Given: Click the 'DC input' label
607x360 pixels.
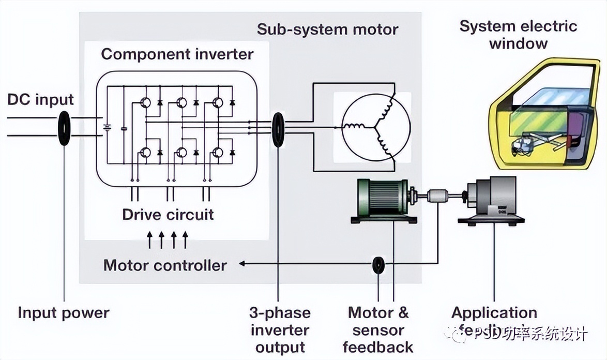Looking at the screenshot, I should [x=41, y=100].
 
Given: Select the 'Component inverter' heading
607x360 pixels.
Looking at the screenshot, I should [x=177, y=54].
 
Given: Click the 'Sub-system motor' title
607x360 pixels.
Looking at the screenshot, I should [x=327, y=29].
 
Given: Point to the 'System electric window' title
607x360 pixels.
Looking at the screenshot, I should [x=518, y=34].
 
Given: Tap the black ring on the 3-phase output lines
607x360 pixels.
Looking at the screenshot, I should [x=278, y=129].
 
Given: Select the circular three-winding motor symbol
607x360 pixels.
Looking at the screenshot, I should [x=376, y=127].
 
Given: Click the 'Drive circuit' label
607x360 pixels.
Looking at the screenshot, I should [x=168, y=214].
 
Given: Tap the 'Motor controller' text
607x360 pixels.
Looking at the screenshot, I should [x=165, y=265].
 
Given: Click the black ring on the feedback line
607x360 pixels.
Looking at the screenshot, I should [x=378, y=265].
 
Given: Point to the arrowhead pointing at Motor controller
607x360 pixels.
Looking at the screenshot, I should [x=242, y=264].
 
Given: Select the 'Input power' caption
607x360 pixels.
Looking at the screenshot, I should [x=64, y=312].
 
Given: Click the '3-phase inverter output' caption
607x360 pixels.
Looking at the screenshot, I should [x=280, y=329].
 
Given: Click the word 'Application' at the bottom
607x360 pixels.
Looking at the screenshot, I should [x=494, y=312].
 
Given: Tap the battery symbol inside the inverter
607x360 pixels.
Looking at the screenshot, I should [x=107, y=127].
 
